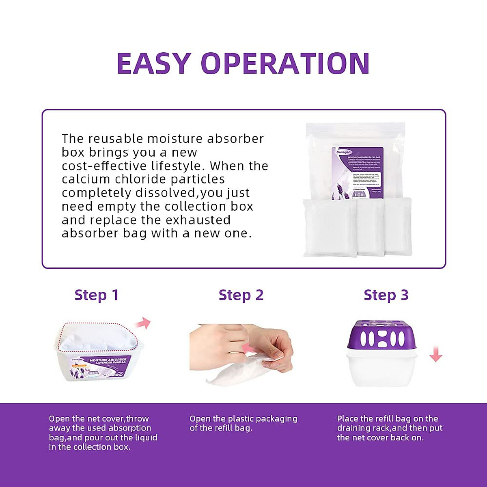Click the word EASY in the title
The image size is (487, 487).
coord(154,63)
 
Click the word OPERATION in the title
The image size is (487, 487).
coord(285,63)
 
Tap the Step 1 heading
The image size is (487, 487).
coord(97,295)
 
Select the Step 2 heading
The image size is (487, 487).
coord(241,295)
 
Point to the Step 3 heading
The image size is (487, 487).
coord(386,295)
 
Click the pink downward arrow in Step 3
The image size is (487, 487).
coord(436,354)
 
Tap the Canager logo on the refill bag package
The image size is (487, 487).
coord(344,152)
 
